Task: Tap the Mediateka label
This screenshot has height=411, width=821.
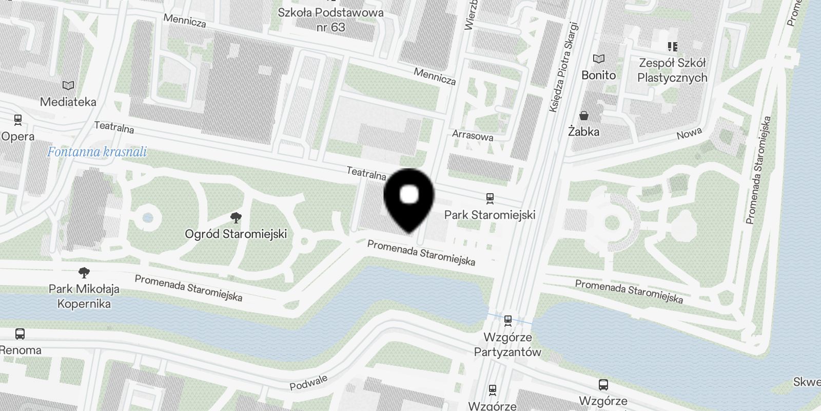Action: click(68, 102)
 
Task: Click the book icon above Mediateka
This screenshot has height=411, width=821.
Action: click(68, 86)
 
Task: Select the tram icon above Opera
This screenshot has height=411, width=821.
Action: click(18, 120)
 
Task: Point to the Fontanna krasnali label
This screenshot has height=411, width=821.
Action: click(97, 152)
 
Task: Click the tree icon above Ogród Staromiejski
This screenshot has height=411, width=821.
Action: click(236, 218)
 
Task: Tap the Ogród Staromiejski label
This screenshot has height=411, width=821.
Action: click(236, 234)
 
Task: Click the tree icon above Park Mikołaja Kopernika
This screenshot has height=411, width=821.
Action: click(84, 272)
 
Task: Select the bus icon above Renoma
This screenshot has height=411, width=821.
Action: click(20, 334)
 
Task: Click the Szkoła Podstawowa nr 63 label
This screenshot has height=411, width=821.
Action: click(330, 20)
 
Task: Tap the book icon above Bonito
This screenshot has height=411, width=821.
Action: click(599, 59)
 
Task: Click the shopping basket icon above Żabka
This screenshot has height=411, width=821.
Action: click(584, 116)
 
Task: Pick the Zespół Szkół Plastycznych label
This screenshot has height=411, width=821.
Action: click(672, 70)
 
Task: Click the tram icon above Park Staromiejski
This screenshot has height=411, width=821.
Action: click(490, 198)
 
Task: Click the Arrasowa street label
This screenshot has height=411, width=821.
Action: click(473, 136)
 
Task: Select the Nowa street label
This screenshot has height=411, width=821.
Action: click(689, 134)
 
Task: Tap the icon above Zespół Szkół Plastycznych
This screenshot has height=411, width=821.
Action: click(672, 47)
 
